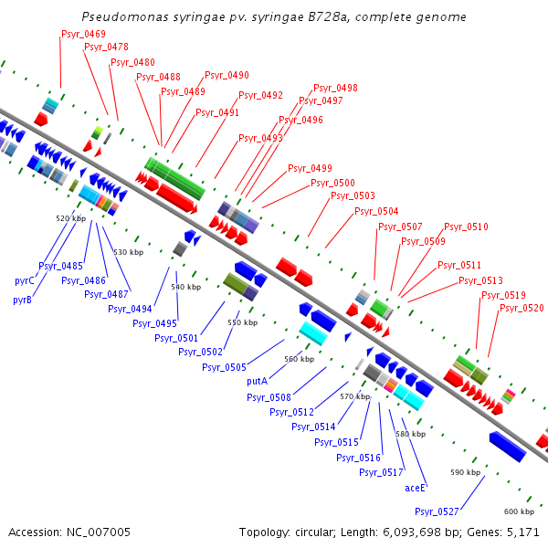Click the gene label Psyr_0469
coord(83,34)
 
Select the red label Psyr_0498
coord(335,89)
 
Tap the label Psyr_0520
coord(522,309)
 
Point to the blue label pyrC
coord(24,280)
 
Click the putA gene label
coord(257,380)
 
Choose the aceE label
coord(416,488)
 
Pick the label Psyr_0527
coord(437,511)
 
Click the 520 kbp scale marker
coord(70,218)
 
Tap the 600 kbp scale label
coord(518,511)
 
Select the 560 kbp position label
coord(299,359)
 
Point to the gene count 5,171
coord(522,532)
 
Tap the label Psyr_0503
coord(353,195)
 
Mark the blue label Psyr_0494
coord(130,309)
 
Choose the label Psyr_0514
coord(313,427)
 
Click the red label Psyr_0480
coord(132,62)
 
